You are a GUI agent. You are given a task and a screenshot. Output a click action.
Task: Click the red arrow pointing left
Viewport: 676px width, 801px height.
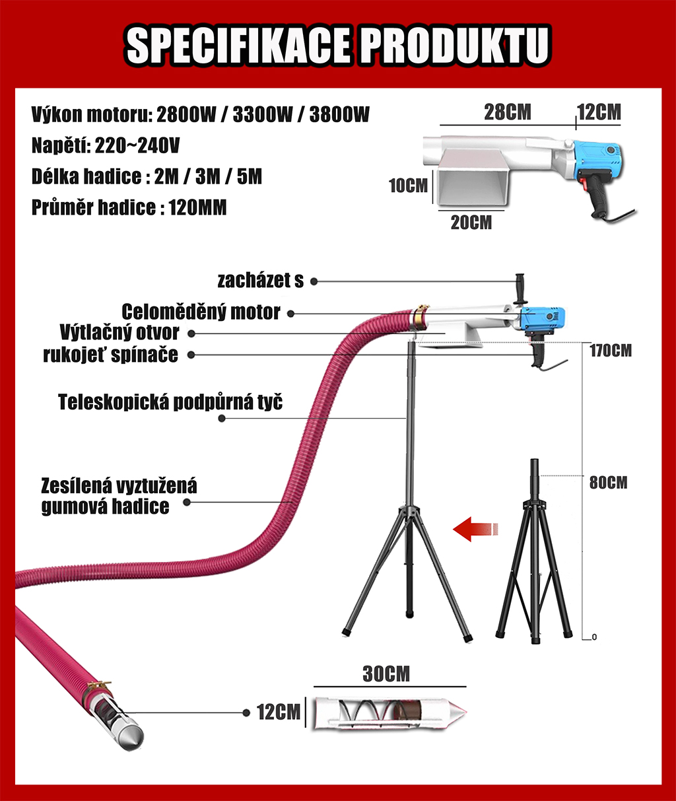[475, 529]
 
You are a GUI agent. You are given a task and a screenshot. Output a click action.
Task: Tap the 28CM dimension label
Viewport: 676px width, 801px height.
[507, 112]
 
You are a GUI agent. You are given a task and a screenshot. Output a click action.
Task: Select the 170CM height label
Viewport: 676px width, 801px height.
[610, 351]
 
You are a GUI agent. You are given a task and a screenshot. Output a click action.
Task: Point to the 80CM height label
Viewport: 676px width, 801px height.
[608, 483]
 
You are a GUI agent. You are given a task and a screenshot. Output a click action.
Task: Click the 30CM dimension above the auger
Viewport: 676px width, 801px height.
[386, 674]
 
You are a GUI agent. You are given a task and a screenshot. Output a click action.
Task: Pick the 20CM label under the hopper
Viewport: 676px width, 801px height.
[471, 223]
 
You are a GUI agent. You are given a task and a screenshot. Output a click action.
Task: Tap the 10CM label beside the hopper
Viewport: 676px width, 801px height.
[408, 186]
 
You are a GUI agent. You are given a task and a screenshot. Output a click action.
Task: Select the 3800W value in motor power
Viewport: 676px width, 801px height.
[339, 114]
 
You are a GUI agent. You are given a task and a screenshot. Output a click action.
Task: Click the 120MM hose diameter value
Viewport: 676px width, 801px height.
[197, 208]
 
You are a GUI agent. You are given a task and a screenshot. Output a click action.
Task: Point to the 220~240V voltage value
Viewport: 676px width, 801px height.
[137, 145]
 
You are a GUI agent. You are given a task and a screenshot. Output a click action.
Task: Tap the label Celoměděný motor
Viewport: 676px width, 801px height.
[201, 312]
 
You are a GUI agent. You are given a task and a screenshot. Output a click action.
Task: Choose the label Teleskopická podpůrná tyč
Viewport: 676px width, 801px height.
[170, 402]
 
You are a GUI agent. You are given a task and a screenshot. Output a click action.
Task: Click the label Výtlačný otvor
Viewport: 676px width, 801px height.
[119, 332]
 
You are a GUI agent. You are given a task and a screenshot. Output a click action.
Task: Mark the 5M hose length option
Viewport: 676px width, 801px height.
[249, 176]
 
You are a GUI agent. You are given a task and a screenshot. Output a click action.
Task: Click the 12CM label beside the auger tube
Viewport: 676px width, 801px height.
[279, 713]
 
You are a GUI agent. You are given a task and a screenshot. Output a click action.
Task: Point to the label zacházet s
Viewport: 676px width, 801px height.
[261, 281]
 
